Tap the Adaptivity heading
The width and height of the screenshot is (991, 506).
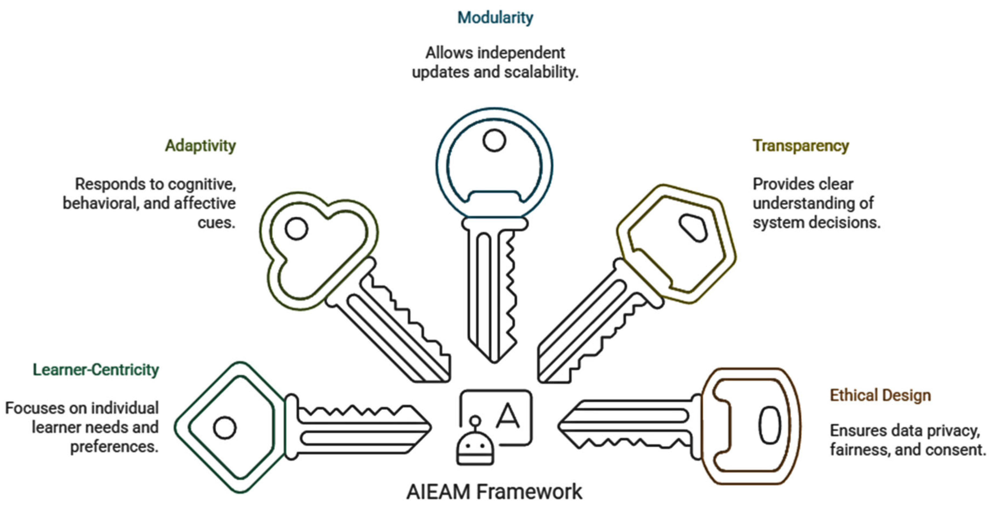[x=200, y=146]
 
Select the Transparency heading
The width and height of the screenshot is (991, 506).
[x=801, y=146]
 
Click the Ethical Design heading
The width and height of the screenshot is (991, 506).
[x=880, y=395]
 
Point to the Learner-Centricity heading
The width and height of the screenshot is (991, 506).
[x=96, y=370]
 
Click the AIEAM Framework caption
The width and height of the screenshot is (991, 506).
[x=494, y=492]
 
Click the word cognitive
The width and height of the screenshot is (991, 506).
[x=202, y=185]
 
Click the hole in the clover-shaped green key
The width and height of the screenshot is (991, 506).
[x=296, y=229]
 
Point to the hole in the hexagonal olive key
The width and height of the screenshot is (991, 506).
[x=693, y=227]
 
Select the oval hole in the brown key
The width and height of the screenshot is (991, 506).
[x=770, y=425]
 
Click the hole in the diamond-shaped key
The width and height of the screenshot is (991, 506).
[x=225, y=428]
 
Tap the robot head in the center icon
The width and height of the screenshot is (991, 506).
[x=475, y=446]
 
